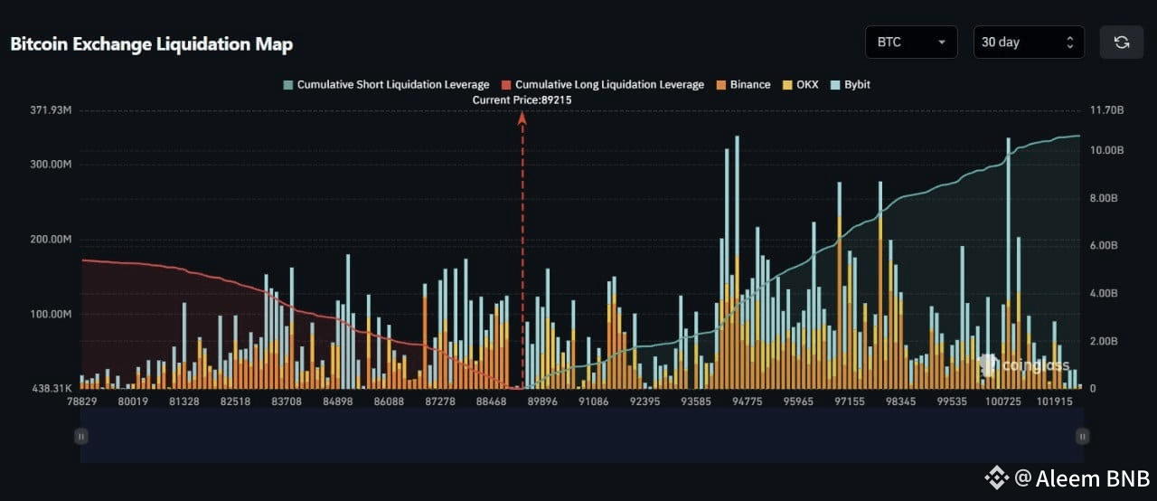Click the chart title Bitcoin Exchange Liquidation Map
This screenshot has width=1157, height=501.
[151, 44]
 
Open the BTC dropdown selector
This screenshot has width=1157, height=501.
[911, 42]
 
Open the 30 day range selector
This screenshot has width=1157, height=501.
[1029, 42]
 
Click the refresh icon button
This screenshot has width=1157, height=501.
[1122, 42]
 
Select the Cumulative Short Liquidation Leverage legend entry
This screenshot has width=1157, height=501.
[386, 85]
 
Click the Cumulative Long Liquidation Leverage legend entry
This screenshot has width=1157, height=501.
[603, 85]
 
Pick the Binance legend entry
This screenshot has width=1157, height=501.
[743, 85]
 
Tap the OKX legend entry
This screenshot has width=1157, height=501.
[801, 85]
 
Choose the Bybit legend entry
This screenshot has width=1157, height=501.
[851, 85]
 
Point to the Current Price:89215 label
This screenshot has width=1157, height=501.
[522, 100]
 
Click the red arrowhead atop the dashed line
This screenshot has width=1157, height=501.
[522, 118]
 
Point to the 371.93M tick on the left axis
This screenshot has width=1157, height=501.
[51, 110]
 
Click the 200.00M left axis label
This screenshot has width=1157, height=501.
[51, 239]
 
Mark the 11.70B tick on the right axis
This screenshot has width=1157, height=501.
[1107, 110]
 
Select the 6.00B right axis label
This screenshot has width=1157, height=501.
[1104, 245]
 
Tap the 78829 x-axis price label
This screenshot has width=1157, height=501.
[81, 402]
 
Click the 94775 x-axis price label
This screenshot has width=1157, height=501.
[747, 402]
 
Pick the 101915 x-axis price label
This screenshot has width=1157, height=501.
[1054, 402]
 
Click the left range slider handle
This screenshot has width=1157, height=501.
[81, 437]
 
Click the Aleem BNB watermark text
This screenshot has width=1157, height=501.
[1093, 478]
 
